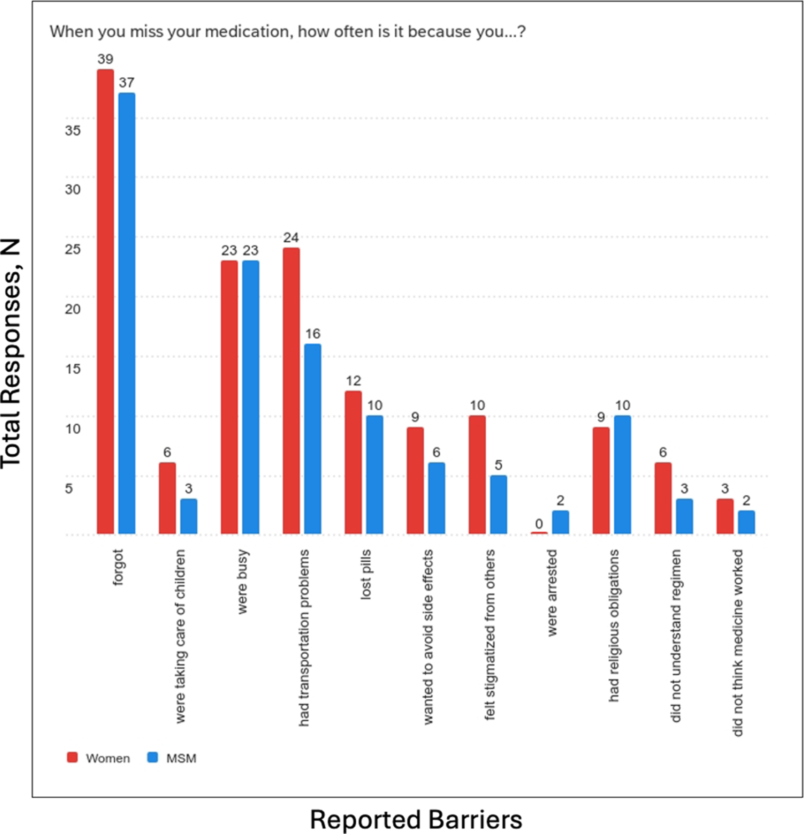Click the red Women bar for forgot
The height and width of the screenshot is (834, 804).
click(x=106, y=301)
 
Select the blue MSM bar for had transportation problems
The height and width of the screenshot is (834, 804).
click(x=312, y=439)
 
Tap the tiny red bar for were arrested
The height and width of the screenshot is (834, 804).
click(x=539, y=532)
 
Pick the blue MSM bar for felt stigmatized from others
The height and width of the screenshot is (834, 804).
click(x=498, y=504)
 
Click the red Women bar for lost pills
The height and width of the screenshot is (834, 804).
click(x=353, y=462)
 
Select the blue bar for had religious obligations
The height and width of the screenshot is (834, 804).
click(x=622, y=474)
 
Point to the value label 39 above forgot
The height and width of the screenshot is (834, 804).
click(x=106, y=59)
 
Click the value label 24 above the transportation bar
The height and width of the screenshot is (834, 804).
click(x=291, y=238)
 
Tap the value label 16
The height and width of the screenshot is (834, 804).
click(x=313, y=334)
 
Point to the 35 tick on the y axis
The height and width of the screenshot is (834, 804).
click(x=73, y=130)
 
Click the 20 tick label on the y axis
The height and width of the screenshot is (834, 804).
click(x=73, y=309)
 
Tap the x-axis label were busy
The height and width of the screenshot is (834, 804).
click(x=242, y=581)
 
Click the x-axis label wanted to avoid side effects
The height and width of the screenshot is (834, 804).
click(x=428, y=637)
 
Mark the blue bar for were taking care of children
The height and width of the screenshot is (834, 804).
click(x=188, y=516)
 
